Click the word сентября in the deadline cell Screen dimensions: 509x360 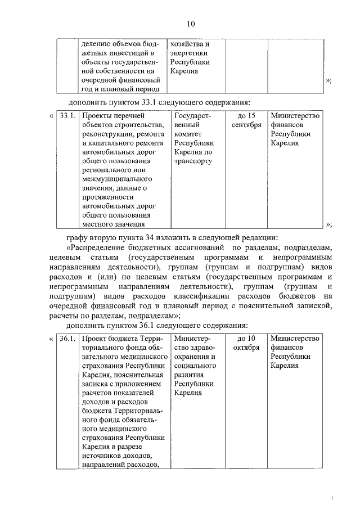click(x=246, y=125)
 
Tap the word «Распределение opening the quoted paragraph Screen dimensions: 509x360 click(x=102, y=247)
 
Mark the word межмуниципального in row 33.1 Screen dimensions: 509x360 click(x=116, y=179)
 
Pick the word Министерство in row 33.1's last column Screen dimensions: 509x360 click(x=295, y=116)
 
